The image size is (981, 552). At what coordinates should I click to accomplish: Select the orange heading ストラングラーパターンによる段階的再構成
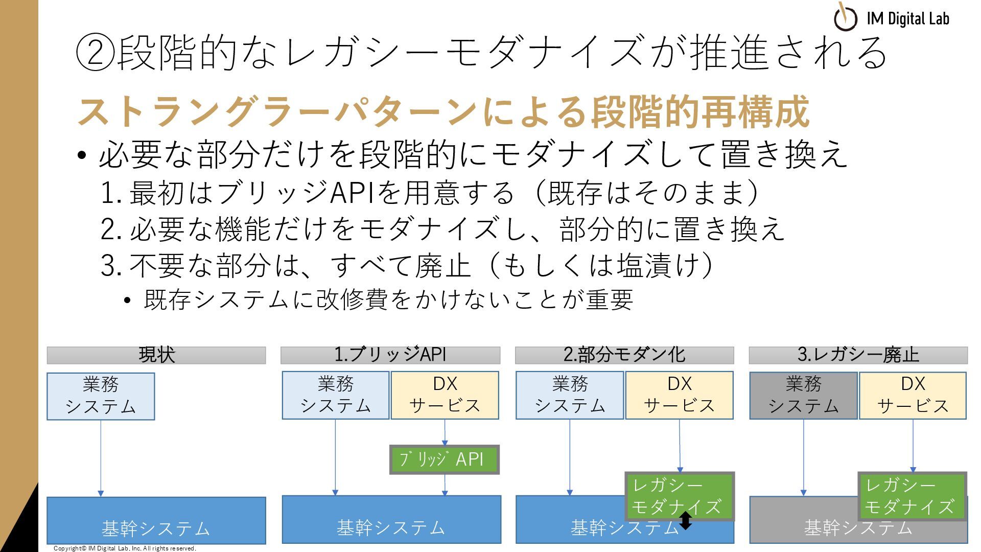(x=443, y=112)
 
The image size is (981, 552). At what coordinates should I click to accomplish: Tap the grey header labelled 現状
(x=156, y=355)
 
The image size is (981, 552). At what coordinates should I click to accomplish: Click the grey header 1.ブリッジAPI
(x=390, y=355)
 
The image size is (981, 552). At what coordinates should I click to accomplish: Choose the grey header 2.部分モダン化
(x=624, y=355)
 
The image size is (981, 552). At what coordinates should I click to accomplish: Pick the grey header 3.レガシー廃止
(x=858, y=355)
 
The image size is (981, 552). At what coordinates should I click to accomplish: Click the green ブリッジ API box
(x=444, y=459)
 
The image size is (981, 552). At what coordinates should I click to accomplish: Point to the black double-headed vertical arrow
(x=686, y=520)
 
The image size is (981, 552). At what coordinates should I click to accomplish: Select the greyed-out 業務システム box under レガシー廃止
(x=803, y=396)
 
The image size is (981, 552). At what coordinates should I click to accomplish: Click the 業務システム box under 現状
(x=101, y=396)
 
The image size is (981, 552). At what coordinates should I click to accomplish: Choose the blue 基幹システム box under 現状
(x=156, y=520)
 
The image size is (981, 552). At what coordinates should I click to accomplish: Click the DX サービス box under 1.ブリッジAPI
(x=445, y=396)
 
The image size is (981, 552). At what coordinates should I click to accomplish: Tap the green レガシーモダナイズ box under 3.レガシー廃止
(x=913, y=496)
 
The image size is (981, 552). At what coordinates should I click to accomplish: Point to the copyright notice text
(x=125, y=548)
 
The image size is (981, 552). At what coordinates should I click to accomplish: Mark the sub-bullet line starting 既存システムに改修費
(x=388, y=300)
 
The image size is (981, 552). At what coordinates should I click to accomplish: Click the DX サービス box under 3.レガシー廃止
(x=913, y=396)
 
